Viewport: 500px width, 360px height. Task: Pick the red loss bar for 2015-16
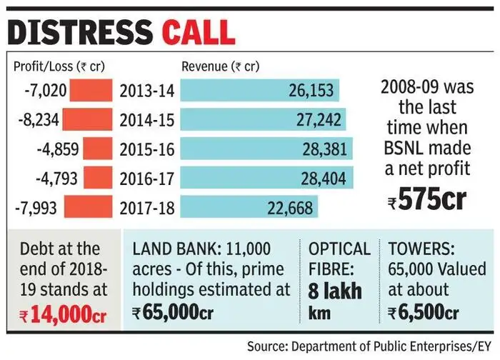pos(98,149)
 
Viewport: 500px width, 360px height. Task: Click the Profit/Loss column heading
pos(59,67)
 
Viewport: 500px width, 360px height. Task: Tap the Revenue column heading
pos(219,67)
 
